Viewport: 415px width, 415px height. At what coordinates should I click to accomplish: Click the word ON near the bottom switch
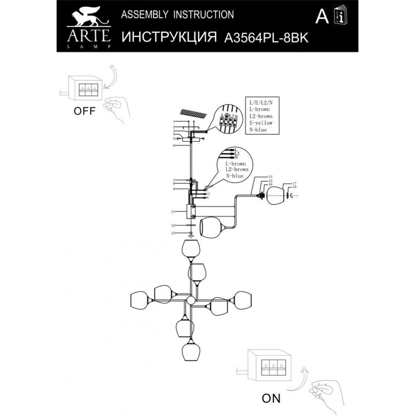[270, 398]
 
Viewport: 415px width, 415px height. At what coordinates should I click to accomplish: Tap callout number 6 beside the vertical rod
[175, 146]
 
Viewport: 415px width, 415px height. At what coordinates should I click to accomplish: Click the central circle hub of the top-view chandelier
[190, 301]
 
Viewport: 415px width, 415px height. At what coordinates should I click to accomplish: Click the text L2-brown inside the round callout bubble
[237, 170]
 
